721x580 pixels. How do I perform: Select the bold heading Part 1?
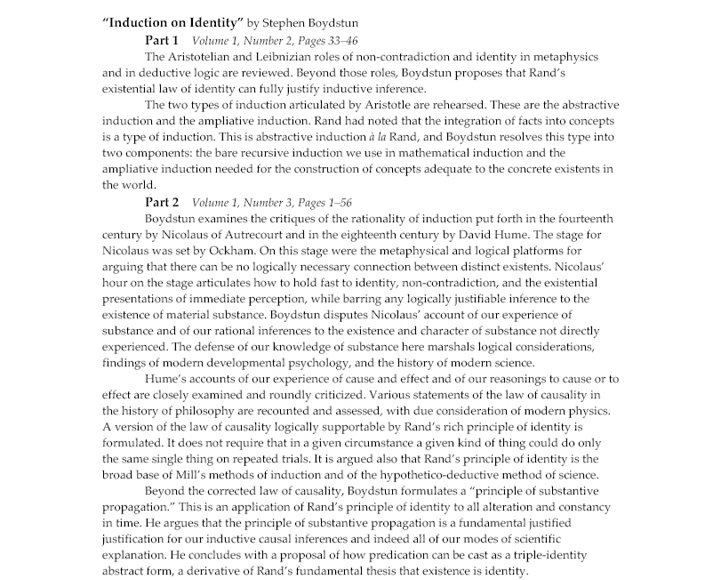[162, 40]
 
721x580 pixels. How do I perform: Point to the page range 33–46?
[332, 40]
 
